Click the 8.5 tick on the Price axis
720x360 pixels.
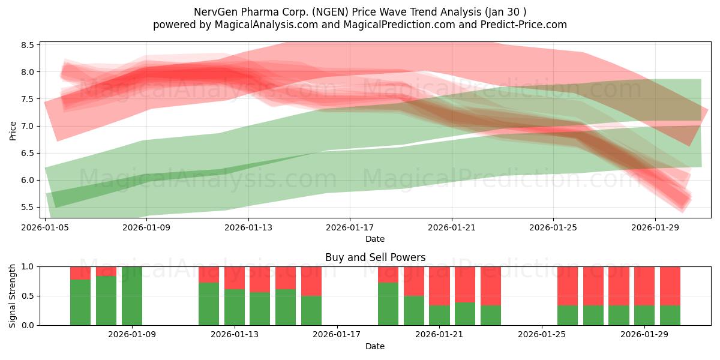[x=28, y=45]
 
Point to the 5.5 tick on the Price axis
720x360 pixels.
[x=28, y=207]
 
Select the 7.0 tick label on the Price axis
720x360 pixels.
[x=28, y=126]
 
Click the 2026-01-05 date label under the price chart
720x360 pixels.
[x=46, y=228]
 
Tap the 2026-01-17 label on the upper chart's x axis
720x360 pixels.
[x=350, y=228]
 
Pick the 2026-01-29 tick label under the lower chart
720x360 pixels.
[x=644, y=335]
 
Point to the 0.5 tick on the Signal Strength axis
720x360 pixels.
[x=28, y=296]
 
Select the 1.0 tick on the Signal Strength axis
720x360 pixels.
[x=28, y=266]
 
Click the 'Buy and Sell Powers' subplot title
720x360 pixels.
[x=375, y=257]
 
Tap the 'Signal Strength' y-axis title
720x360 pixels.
[x=13, y=296]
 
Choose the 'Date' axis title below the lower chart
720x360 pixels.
[x=375, y=346]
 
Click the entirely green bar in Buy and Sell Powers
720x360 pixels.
[x=132, y=296]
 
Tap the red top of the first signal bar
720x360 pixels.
[x=80, y=273]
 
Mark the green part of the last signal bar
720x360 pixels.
[x=670, y=315]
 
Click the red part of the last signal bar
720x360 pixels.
[x=670, y=286]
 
